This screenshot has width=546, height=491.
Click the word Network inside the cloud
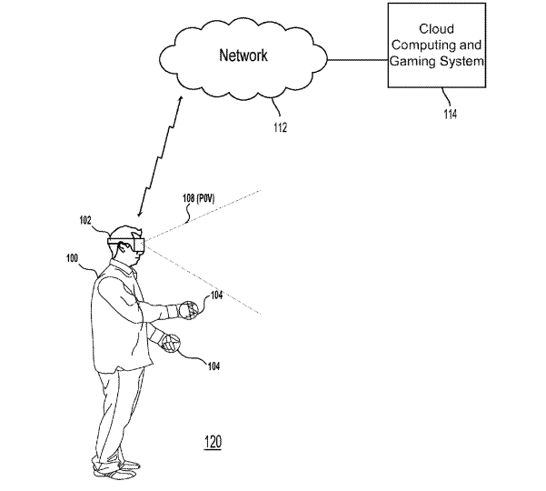tap(243, 55)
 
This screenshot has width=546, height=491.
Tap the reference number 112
tap(281, 128)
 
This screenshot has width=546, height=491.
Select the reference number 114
tap(451, 114)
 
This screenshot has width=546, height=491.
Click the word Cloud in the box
tap(436, 29)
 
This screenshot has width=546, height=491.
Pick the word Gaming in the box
tap(412, 62)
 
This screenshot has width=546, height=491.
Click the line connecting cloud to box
tap(358, 60)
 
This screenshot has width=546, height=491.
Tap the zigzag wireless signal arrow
tap(160, 156)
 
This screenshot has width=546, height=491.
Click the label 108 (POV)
tap(198, 198)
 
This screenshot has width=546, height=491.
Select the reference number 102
tap(85, 220)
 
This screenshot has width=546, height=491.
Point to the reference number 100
tap(72, 258)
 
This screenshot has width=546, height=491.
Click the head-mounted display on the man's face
tap(126, 243)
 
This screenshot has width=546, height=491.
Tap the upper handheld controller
tap(188, 310)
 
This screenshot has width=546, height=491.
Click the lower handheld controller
tap(170, 344)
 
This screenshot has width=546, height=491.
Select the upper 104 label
tap(216, 296)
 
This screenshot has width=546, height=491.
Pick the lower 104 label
tap(213, 366)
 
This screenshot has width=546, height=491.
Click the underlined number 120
tap(213, 442)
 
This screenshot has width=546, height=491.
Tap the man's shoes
tap(116, 470)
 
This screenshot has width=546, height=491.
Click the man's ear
tap(123, 246)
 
